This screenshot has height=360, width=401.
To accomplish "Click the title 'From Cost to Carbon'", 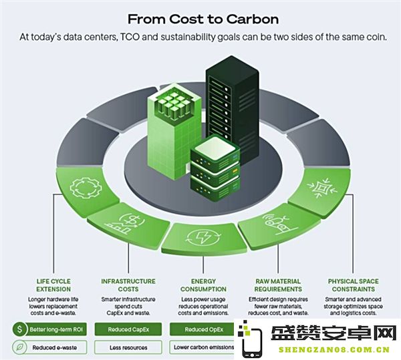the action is click(203, 19).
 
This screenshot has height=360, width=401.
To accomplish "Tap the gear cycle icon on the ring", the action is click(86, 188).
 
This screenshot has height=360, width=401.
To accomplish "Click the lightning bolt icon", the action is click(203, 237).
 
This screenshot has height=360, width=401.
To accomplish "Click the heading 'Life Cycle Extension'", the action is click(53, 285).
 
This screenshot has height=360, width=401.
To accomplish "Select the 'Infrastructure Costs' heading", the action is click(128, 285).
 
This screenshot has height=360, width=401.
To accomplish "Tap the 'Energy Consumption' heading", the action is click(203, 285).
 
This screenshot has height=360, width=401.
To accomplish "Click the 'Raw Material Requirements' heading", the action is click(278, 285).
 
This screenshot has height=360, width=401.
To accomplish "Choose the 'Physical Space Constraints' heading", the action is click(353, 285).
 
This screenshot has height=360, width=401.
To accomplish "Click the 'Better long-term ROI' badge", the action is click(49, 329).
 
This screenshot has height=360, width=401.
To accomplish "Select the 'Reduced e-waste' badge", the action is click(49, 347).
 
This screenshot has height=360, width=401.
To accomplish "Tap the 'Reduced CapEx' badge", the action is click(128, 329).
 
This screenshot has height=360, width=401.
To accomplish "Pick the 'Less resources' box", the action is click(128, 347).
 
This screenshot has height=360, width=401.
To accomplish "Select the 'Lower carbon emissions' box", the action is click(203, 347).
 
